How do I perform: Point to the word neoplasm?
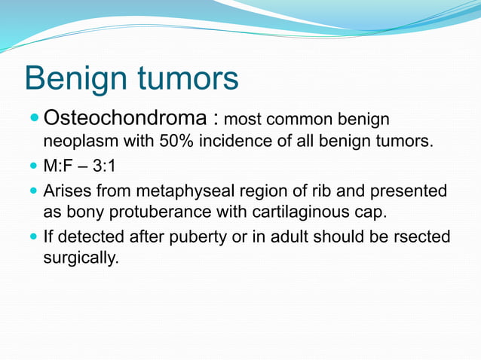(75, 141)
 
